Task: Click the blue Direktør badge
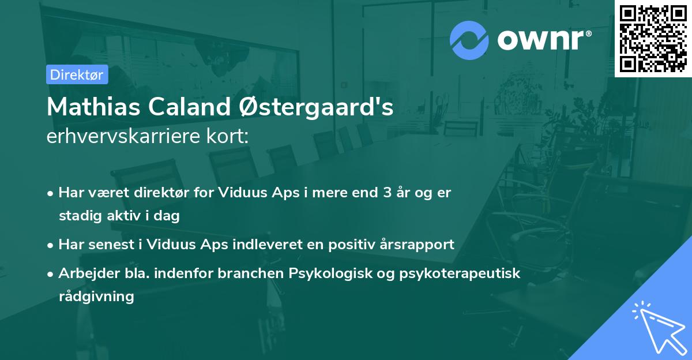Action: (77, 74)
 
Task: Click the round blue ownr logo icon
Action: (469, 40)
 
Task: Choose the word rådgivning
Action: (96, 297)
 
